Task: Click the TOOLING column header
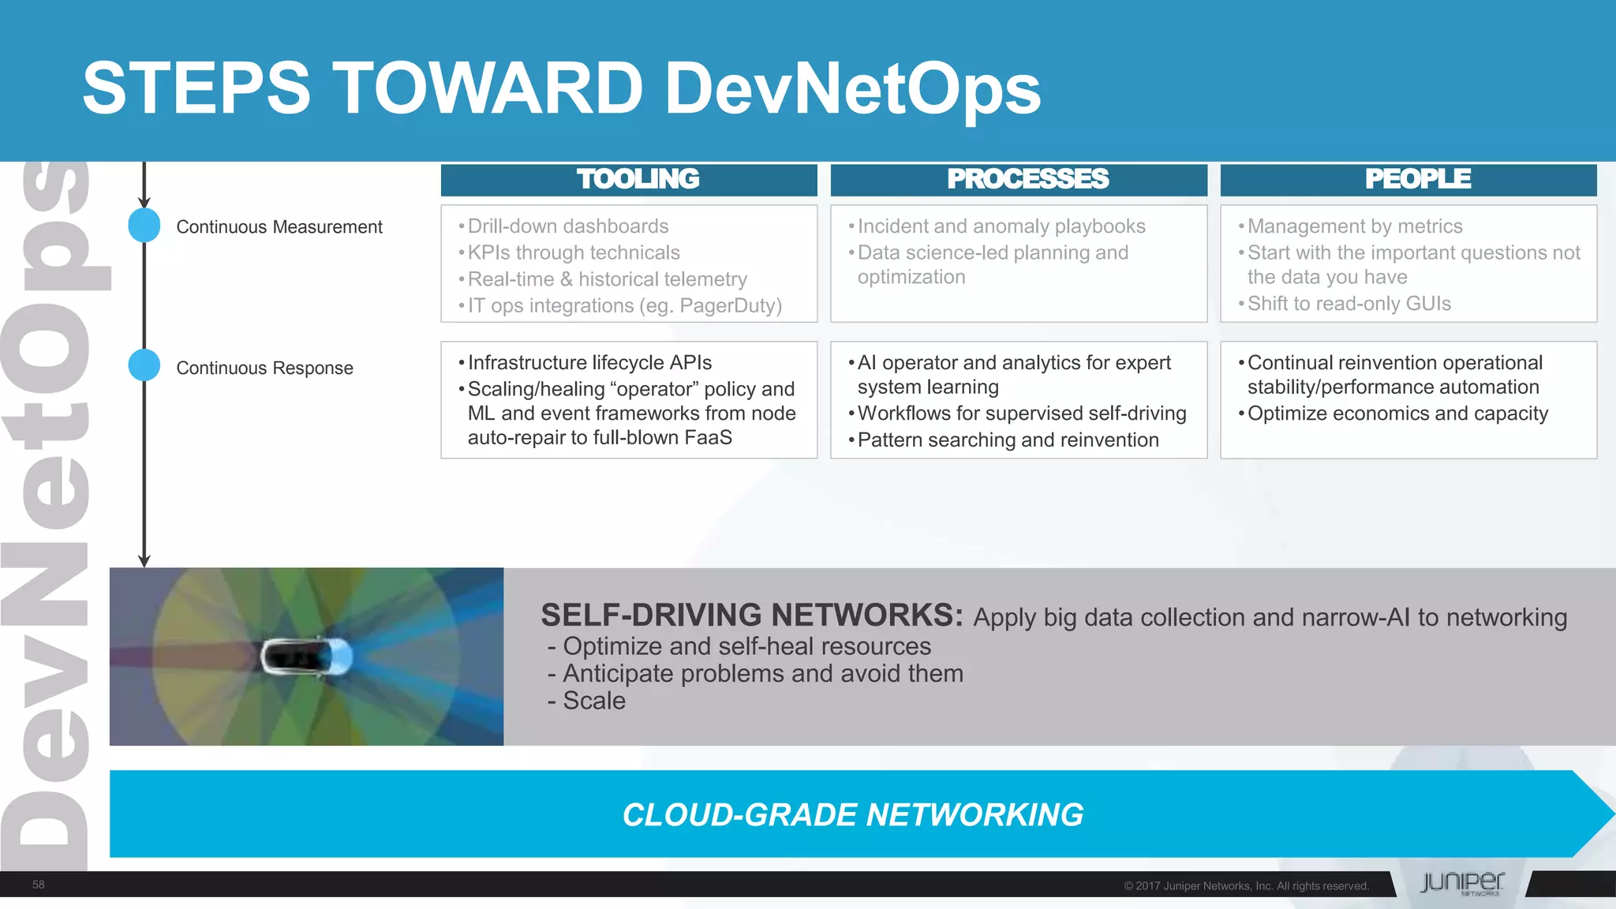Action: coord(637,179)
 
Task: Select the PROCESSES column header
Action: coord(1027,179)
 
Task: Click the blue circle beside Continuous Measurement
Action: coord(144,226)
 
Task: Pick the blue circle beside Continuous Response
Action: coord(144,365)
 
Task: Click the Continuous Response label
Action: coord(264,368)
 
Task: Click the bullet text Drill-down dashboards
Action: coord(567,226)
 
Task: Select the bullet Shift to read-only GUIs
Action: coord(1349,304)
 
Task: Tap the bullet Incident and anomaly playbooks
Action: coord(1001,226)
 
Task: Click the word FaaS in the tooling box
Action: coord(708,438)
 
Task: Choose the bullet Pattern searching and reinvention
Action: coord(1008,440)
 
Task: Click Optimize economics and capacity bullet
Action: coord(1397,413)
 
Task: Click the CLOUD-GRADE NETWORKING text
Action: coord(852,814)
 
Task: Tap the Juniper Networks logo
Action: coord(1461,883)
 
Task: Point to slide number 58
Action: coord(38,885)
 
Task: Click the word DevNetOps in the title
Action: coord(852,88)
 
